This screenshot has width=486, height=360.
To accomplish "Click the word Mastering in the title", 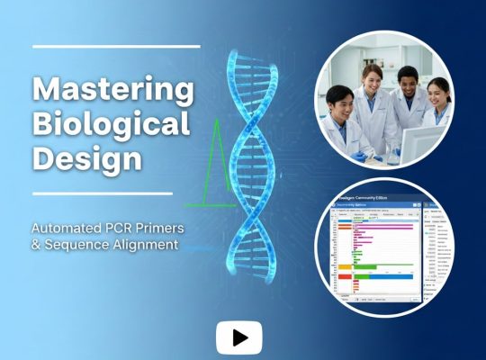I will [112, 90].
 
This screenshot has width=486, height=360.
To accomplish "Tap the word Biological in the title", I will [112, 124].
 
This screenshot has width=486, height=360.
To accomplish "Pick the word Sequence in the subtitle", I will [76, 245].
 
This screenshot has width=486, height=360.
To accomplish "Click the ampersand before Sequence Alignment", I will [37, 245].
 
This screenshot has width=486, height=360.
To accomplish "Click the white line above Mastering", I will [116, 46].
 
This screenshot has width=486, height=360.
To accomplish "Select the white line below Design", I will [102, 193].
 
